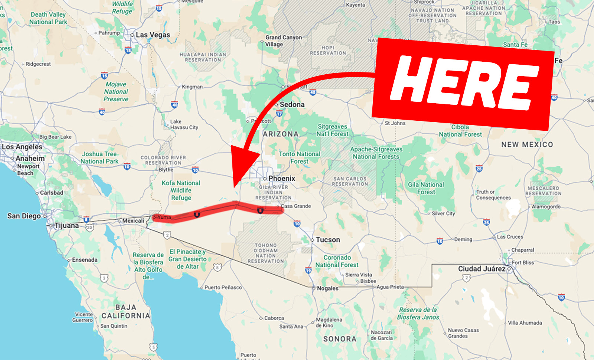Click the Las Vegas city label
tap(153, 35)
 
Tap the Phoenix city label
tap(281, 179)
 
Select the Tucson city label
tap(327, 240)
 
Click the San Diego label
tap(24, 216)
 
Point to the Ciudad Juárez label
tap(482, 269)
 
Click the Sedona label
tap(292, 105)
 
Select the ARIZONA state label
tap(281, 134)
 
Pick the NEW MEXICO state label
tap(527, 145)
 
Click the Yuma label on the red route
tap(164, 217)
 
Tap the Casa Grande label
tap(296, 206)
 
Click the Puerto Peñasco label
tap(223, 288)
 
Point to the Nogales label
tap(327, 288)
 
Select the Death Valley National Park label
tap(48, 18)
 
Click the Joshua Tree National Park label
tap(99, 158)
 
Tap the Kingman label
tap(192, 87)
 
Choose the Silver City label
tap(443, 214)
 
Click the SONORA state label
tap(340, 339)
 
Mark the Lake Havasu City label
tap(184, 124)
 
